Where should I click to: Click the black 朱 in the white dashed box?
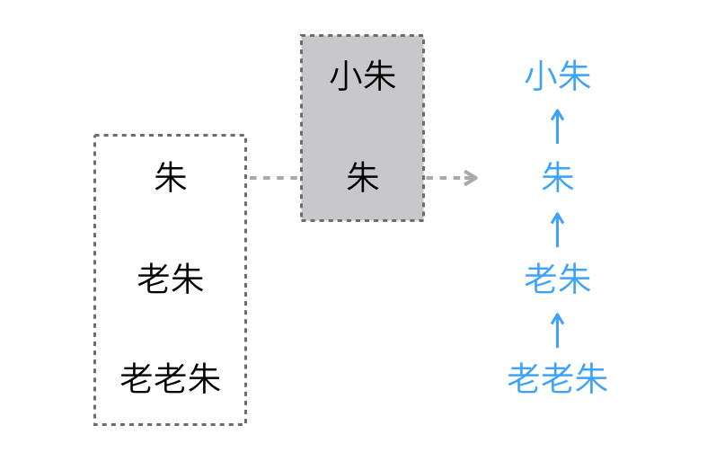coord(171,178)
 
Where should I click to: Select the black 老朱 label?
coord(171,279)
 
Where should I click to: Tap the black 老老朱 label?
coord(171,378)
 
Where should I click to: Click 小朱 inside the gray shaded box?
coord(363,76)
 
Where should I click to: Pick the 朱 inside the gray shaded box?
coord(363,178)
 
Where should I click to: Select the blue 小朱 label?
coord(558,76)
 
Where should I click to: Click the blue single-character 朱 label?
coord(558,178)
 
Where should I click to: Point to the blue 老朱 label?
coord(558,279)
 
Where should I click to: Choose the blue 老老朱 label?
coord(558,378)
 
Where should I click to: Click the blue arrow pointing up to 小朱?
coord(558,127)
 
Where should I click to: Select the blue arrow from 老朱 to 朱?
coord(558,229)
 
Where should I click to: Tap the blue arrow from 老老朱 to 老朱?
coord(558,330)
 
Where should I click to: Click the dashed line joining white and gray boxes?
coord(274,178)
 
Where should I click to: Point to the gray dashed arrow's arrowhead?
coord(471,178)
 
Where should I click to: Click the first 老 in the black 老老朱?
coord(137,378)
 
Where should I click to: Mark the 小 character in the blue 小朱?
coord(541,76)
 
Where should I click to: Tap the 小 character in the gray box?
coord(346,76)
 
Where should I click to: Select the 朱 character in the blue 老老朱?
coord(591,378)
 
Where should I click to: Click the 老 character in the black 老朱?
coord(154,279)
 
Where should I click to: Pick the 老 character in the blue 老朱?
coord(541,279)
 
